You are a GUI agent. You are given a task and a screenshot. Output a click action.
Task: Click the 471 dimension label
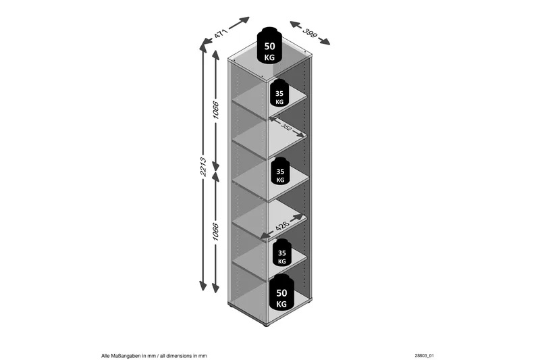pos(221,34)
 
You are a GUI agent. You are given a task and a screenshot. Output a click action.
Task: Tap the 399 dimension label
pos(310,33)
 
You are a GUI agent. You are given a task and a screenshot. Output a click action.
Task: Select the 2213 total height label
pos(203,167)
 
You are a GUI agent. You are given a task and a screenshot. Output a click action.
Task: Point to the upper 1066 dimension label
pos(215,110)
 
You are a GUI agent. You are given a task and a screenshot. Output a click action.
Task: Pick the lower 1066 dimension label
pos(215,232)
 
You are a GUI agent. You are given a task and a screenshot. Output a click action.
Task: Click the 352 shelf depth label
pos(286,126)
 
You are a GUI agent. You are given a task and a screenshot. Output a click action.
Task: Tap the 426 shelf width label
pos(282,226)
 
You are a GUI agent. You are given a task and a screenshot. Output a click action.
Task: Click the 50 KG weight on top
pos(269,45)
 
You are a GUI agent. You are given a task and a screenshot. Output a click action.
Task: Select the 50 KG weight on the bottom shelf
pos(281,292)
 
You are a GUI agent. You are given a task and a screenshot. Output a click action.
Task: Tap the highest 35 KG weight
pos(279,93)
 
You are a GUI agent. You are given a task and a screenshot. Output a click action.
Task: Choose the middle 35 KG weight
pos(281,171)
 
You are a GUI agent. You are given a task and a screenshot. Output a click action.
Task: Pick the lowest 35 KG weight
pos(282,253)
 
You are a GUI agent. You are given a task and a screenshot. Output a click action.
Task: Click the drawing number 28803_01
pos(425,356)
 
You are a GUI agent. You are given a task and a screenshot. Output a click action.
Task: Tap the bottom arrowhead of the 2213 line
pos(203,286)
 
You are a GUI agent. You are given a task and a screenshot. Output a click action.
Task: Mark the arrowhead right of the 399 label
pos(325,41)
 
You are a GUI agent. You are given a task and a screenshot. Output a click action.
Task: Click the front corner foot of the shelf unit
pos(266,325)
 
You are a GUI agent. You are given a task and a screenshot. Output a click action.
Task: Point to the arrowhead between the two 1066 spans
pos(215,168)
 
